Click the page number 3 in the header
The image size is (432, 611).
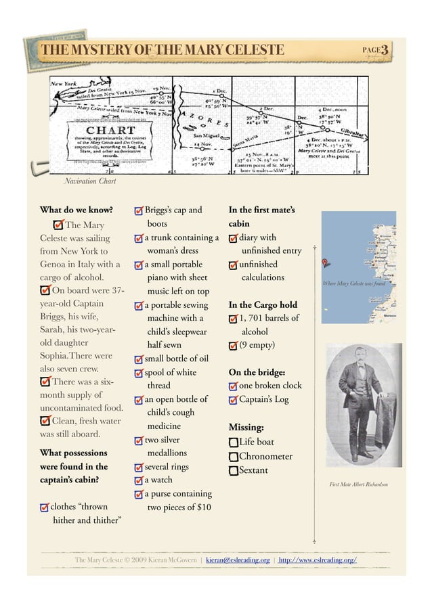click(x=384, y=50)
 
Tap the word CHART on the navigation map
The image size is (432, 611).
click(x=110, y=130)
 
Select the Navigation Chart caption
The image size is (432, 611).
click(x=89, y=181)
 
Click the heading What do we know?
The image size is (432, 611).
click(x=76, y=210)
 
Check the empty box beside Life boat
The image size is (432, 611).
click(x=234, y=443)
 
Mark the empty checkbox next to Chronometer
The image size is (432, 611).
click(x=234, y=457)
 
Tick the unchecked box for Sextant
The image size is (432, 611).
click(x=234, y=470)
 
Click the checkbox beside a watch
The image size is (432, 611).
click(x=139, y=481)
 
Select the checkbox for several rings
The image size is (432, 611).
click(x=139, y=468)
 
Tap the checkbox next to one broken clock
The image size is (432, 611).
click(x=234, y=386)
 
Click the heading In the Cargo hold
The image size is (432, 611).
click(x=263, y=304)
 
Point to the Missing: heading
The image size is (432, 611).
click(x=246, y=428)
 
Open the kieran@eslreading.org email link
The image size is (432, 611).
click(x=238, y=560)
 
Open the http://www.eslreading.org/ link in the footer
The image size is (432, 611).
click(x=318, y=560)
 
